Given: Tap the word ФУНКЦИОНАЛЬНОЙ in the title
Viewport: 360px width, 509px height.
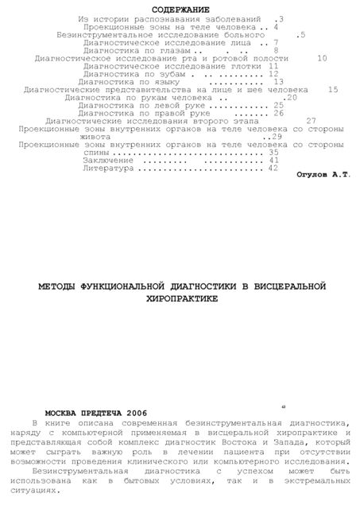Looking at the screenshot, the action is click(133, 285).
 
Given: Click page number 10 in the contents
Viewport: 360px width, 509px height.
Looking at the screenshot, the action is click(321, 58).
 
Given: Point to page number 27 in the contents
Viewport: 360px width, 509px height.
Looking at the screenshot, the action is click(312, 120).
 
